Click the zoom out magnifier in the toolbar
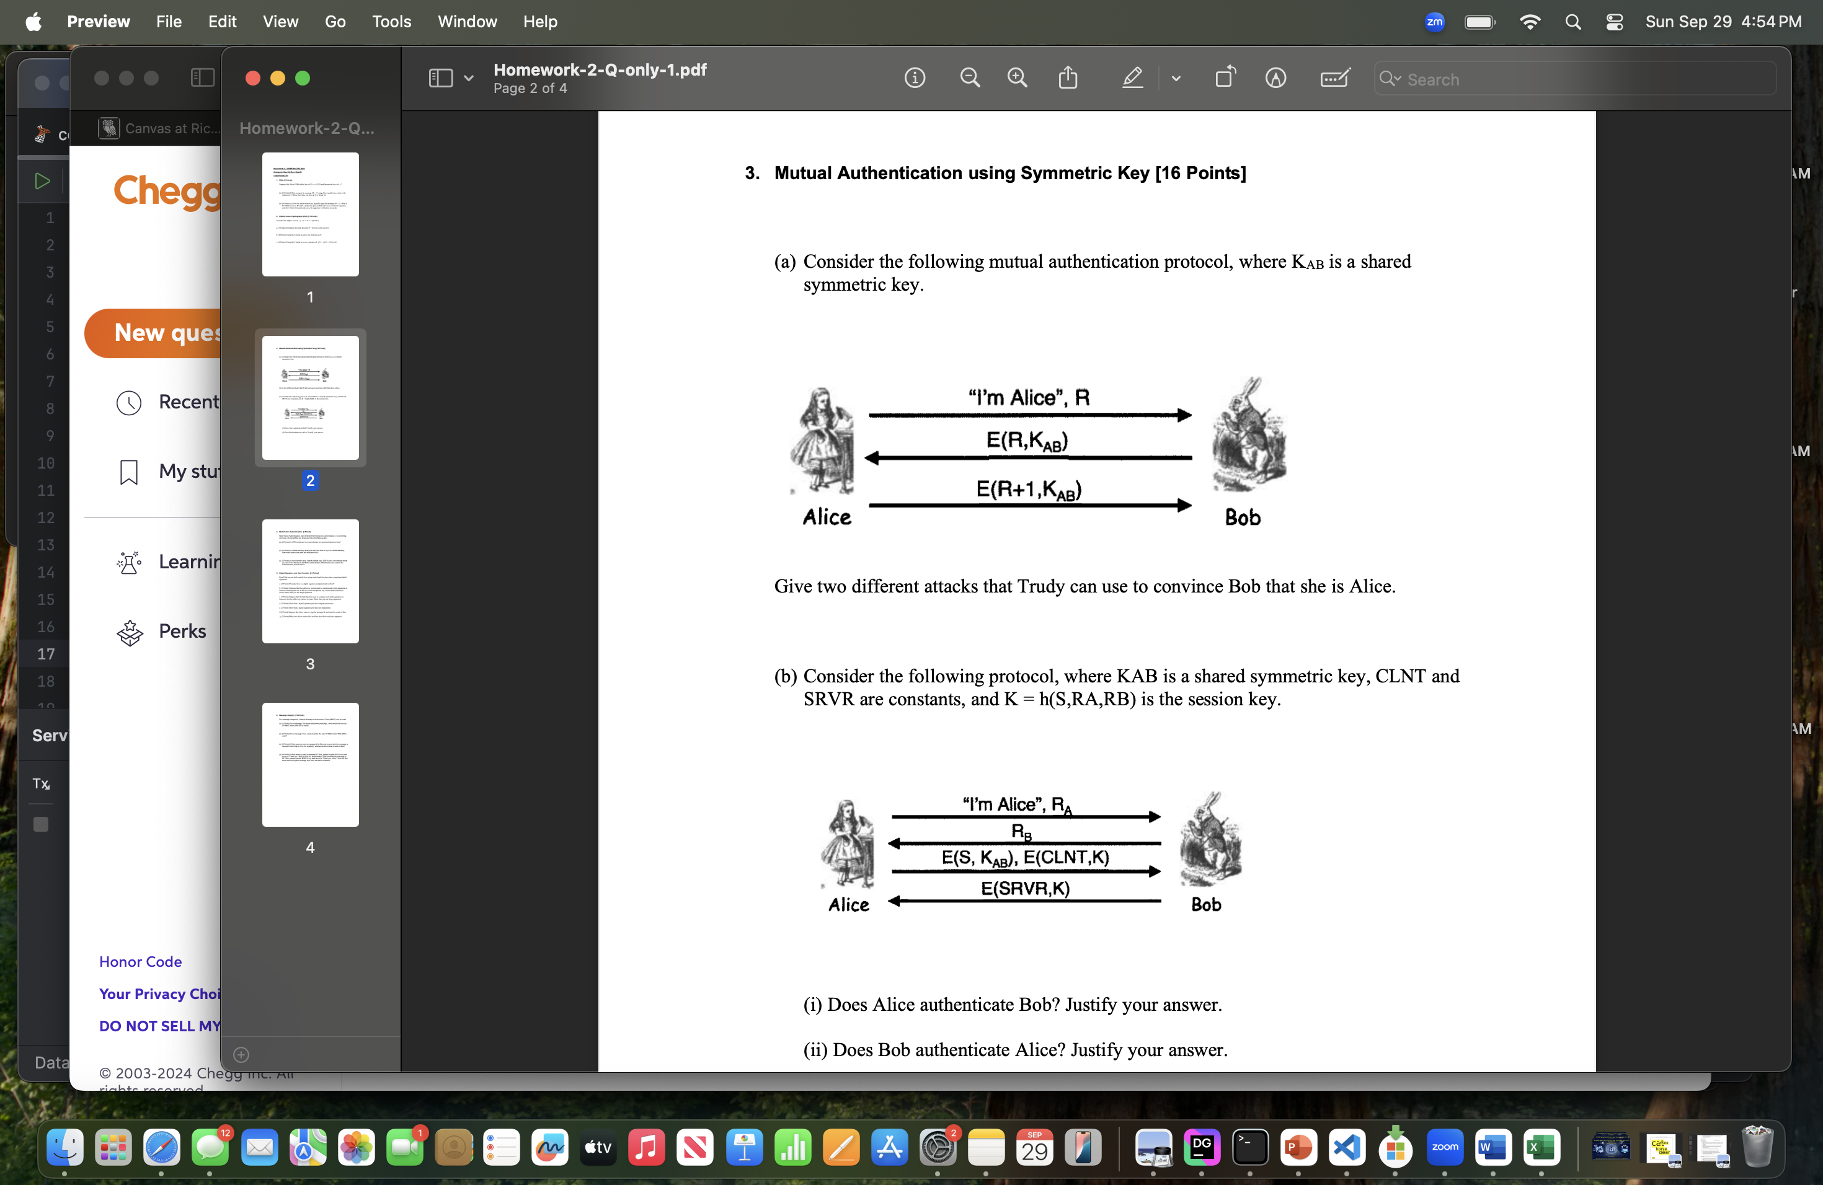(970, 78)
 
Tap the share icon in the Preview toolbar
(1068, 78)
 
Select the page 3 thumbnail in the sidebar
(310, 581)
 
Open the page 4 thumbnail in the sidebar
(310, 764)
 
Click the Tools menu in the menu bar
(391, 22)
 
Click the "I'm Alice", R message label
(1029, 397)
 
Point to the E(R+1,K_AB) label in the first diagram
(1029, 489)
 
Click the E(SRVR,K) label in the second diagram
(1025, 888)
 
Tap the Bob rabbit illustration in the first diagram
(1249, 434)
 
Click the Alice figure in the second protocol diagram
(848, 843)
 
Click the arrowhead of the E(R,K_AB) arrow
(872, 458)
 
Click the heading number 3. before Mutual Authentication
(752, 173)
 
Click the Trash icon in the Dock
(1757, 1147)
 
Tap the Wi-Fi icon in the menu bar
(1530, 22)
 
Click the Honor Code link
(140, 961)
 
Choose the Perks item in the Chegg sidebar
(182, 631)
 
